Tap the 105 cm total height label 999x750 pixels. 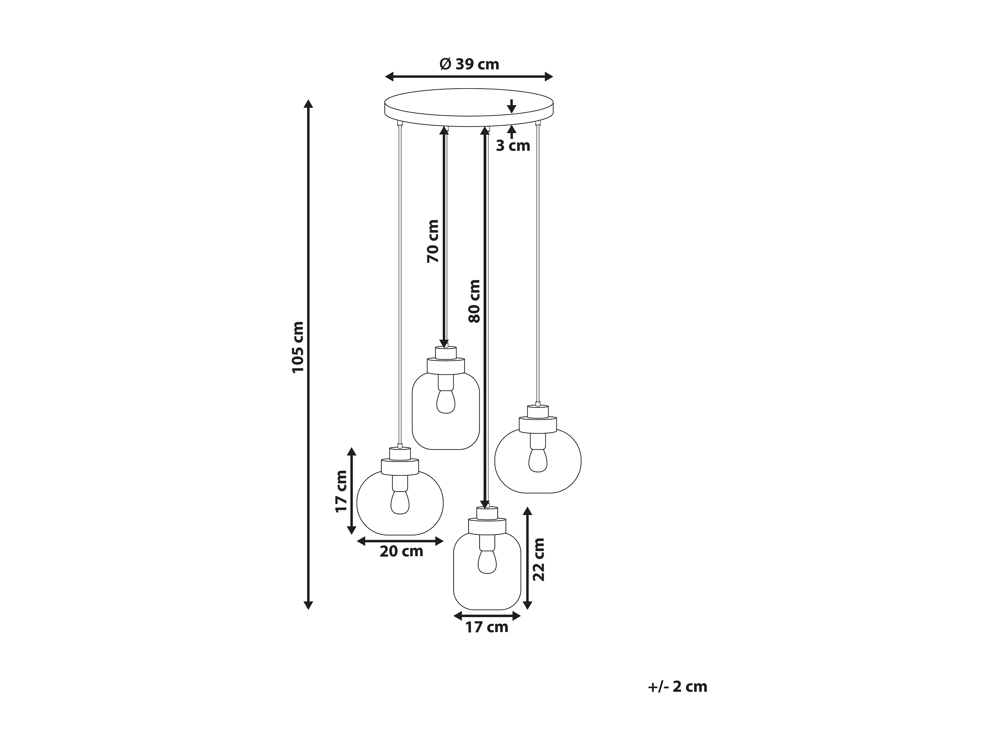pos(298,347)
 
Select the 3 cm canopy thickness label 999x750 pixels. pos(513,146)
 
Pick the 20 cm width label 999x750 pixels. pos(402,551)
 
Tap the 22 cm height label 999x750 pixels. pos(539,560)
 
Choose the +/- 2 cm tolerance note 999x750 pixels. pos(678,686)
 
